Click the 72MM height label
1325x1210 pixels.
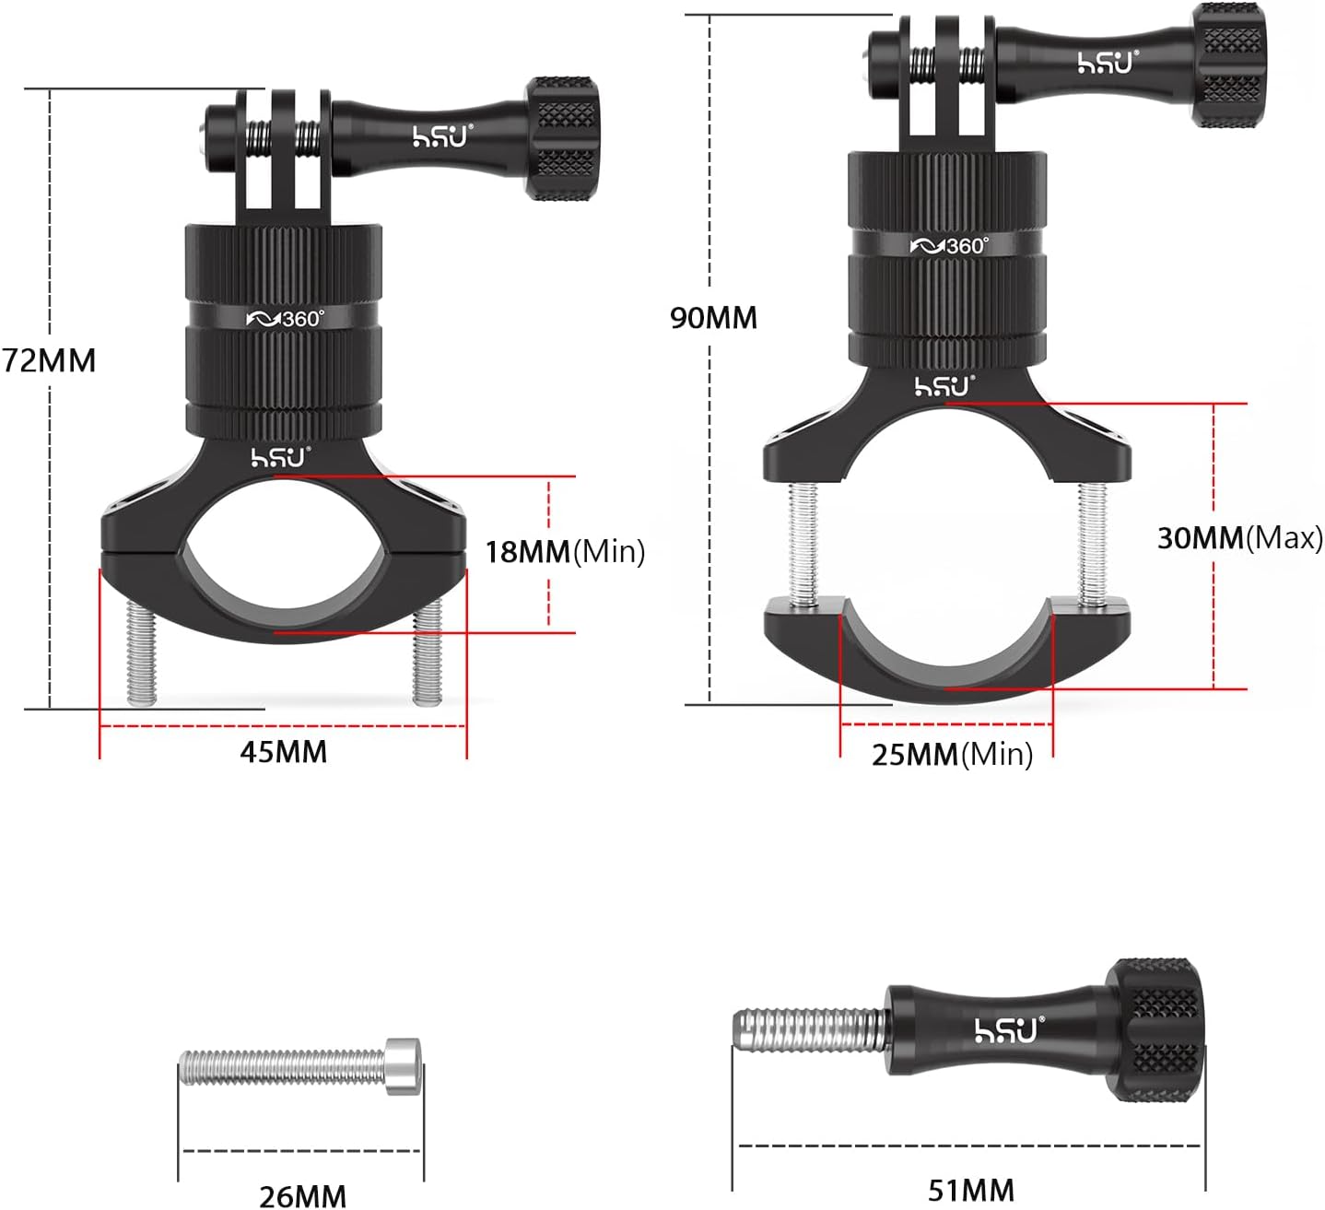[49, 361]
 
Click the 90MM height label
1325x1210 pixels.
[713, 318]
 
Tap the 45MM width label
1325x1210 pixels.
[284, 752]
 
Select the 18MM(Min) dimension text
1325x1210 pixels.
[566, 552]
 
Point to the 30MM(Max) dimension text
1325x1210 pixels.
[1240, 538]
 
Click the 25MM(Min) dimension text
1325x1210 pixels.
[953, 754]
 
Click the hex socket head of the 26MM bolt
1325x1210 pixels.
[403, 1066]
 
